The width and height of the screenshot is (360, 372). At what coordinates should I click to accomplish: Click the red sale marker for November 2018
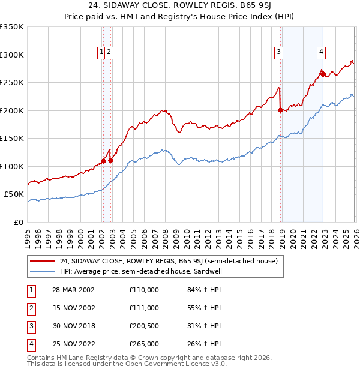click(280, 110)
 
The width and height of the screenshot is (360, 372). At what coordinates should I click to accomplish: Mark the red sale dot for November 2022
click(322, 74)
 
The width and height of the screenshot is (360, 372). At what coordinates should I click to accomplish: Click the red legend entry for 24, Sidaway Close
click(168, 261)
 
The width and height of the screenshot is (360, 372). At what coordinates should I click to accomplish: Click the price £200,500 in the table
click(144, 326)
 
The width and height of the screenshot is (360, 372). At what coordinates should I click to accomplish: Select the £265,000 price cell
click(144, 344)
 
